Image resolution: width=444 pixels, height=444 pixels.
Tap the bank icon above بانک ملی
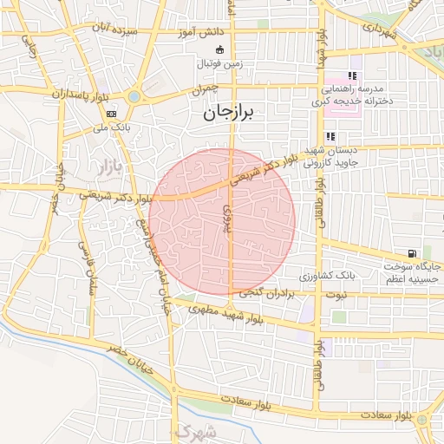tap(112, 114)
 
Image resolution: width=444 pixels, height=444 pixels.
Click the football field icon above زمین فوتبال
tap(219, 49)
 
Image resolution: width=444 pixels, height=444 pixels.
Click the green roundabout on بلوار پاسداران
tap(134, 96)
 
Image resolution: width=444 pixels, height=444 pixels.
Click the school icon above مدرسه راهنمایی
tap(352, 76)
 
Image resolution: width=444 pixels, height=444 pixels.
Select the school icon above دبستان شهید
tap(330, 136)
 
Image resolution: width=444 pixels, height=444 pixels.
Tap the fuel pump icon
tap(422, 254)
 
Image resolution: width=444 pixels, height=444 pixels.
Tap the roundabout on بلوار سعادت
tap(421, 420)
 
